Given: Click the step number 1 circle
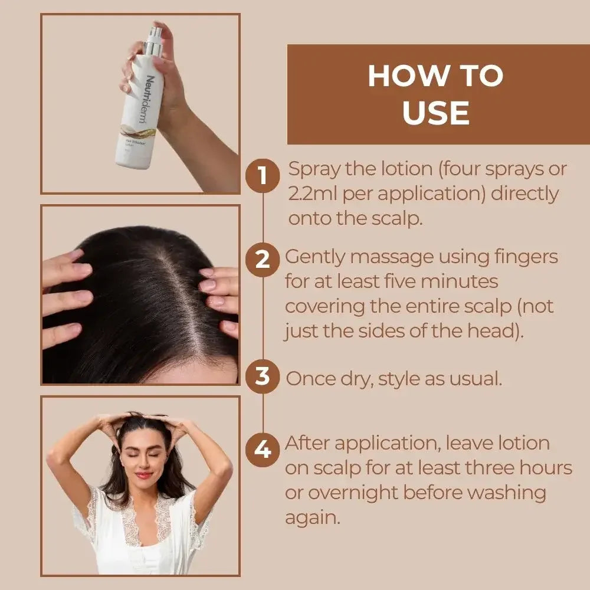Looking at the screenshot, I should pos(263,175).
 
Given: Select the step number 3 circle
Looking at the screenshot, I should pos(263,376).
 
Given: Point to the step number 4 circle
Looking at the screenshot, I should pos(263,450).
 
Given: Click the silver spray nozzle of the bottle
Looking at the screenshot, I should pos(153,37).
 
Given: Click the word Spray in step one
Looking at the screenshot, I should pos(314,170).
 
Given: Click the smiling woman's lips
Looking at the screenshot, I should pos(143,475).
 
